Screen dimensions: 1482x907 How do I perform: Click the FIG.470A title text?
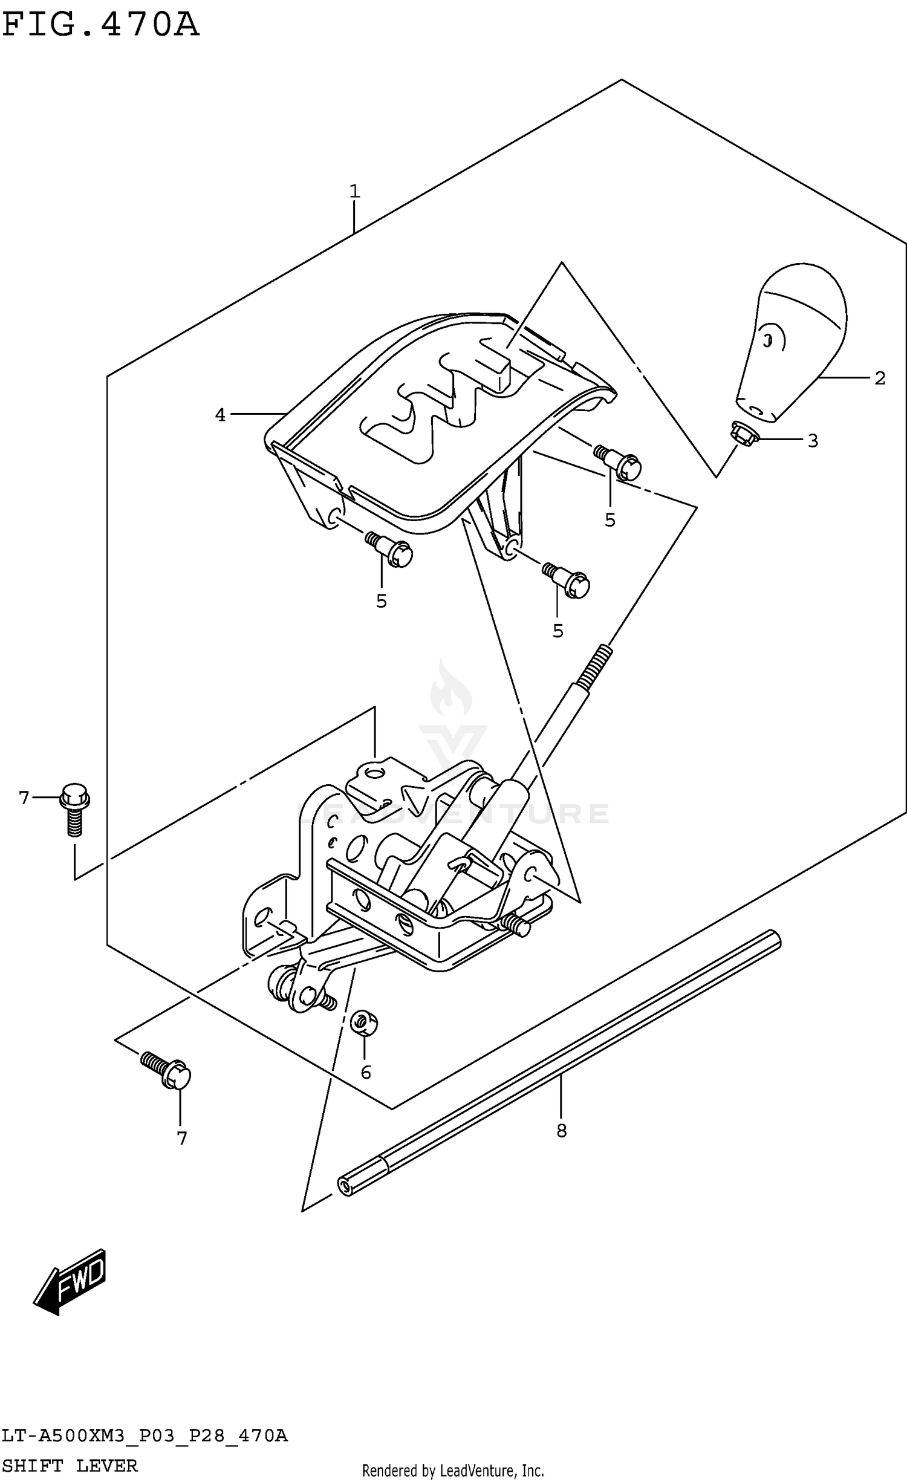coord(100,25)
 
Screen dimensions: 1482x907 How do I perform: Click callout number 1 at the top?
coord(354,192)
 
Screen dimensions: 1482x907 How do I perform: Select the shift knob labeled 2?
coord(792,342)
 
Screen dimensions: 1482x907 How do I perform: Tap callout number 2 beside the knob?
coord(880,379)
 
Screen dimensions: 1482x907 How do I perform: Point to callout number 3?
coord(813,441)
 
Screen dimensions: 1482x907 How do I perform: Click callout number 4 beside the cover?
coord(220,415)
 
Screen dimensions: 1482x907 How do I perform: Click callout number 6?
coord(366,1073)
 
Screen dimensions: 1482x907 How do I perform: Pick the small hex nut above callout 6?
coord(365,1023)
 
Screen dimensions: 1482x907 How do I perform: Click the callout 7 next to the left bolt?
coord(24,798)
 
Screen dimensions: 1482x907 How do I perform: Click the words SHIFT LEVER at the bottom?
coord(70,1466)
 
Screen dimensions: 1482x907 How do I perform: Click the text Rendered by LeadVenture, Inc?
coord(453,1470)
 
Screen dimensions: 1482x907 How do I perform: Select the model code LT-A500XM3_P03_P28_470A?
coord(145,1435)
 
